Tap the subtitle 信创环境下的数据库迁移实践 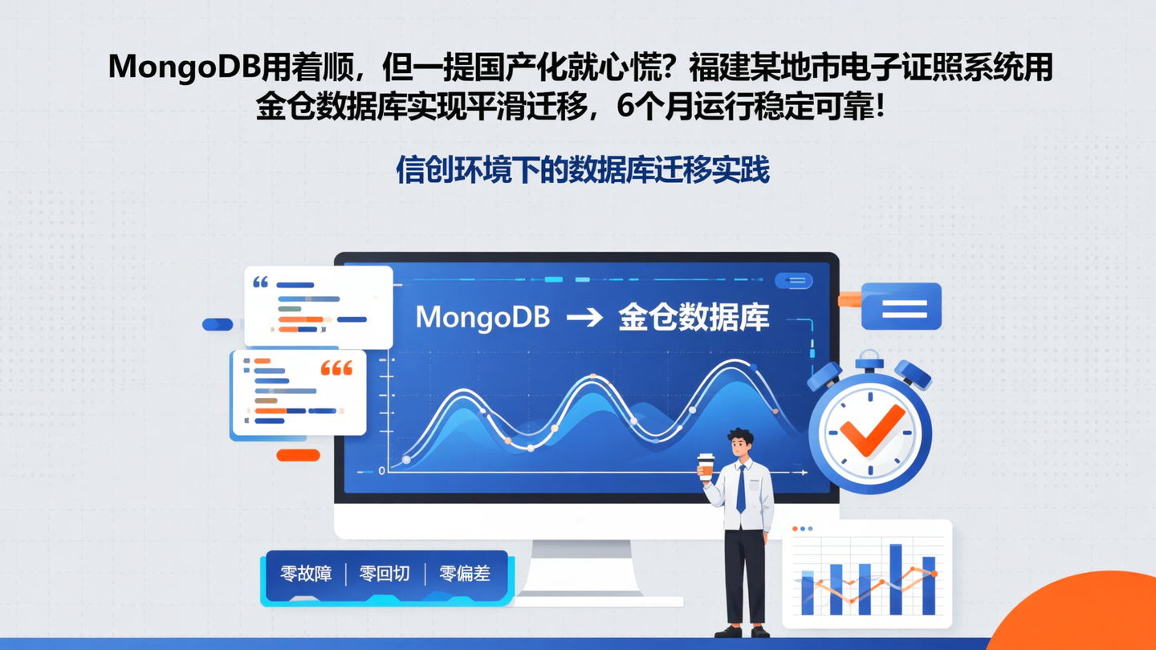pyautogui.click(x=583, y=169)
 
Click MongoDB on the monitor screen pyautogui.click(x=482, y=318)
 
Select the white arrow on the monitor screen pyautogui.click(x=584, y=318)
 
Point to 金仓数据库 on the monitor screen pyautogui.click(x=694, y=318)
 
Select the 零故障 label pyautogui.click(x=306, y=574)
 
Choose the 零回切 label pyautogui.click(x=385, y=574)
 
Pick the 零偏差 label pyautogui.click(x=464, y=574)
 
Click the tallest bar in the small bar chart pyautogui.click(x=896, y=579)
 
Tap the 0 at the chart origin pyautogui.click(x=381, y=471)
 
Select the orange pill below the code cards pyautogui.click(x=298, y=455)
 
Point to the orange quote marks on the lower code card pyautogui.click(x=336, y=369)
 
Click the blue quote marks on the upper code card pyautogui.click(x=261, y=282)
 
